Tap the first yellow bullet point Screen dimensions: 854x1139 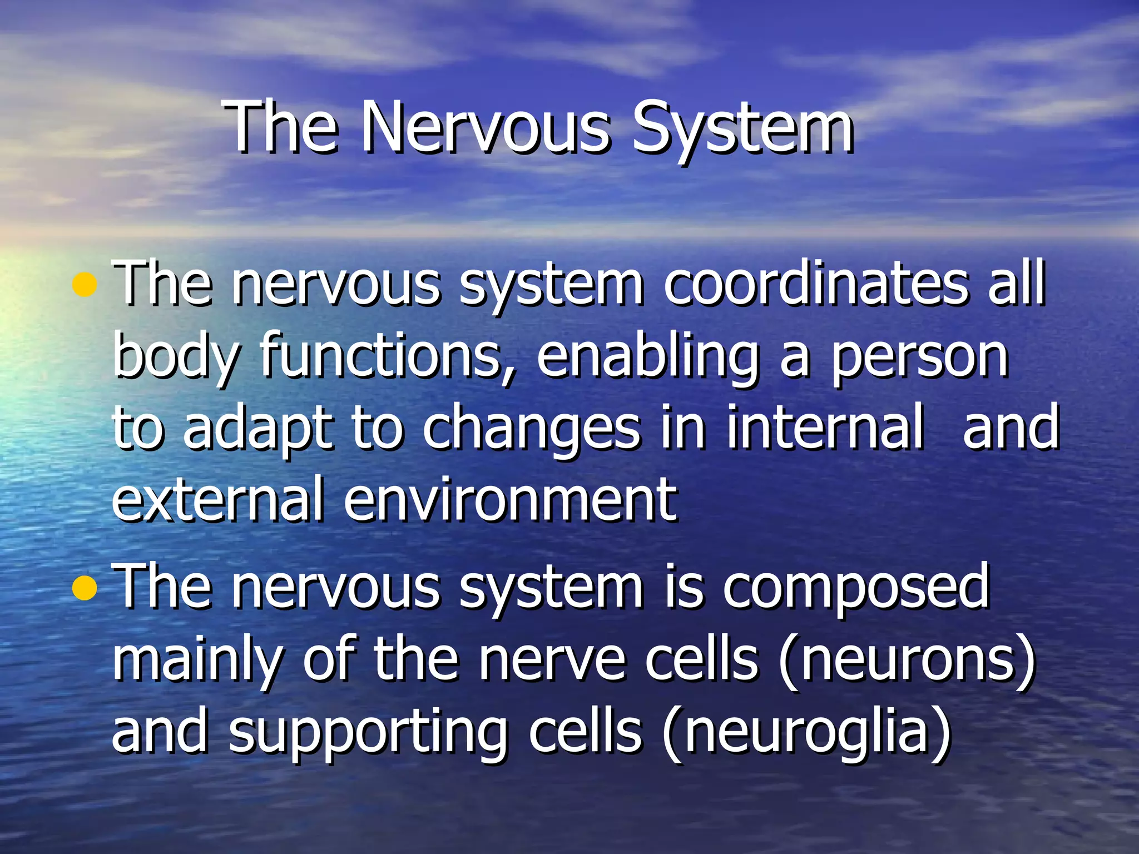point(85,285)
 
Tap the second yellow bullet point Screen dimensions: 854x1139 point(85,588)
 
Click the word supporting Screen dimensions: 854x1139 point(367,734)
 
